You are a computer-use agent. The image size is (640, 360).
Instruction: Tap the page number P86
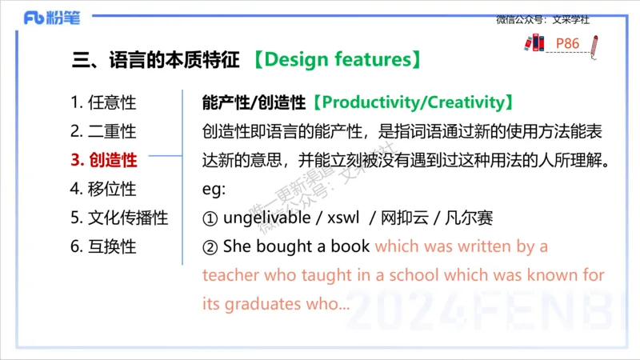(567, 42)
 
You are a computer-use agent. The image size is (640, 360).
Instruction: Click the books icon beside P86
(533, 43)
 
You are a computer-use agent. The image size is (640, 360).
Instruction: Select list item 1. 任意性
(103, 102)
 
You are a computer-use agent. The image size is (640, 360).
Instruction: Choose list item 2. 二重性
(103, 131)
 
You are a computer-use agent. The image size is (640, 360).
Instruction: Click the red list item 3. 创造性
(104, 160)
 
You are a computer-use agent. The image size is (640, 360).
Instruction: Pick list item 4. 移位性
(103, 189)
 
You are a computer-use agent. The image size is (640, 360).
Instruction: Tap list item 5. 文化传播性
(119, 218)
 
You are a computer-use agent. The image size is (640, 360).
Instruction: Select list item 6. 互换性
(103, 246)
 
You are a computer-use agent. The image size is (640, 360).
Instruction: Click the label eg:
(214, 189)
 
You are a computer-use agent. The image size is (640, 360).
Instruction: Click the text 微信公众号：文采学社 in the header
(542, 20)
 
